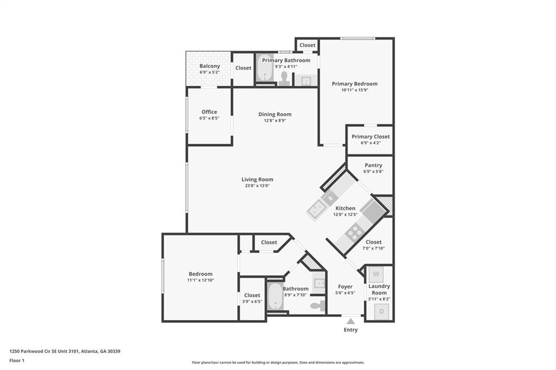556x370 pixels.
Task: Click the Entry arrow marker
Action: pos(351,322)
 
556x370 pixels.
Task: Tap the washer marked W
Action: pos(376,274)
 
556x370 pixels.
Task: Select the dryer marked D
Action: pos(382,311)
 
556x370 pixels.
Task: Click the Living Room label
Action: pos(257,180)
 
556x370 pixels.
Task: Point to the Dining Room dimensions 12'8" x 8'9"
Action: pos(275,120)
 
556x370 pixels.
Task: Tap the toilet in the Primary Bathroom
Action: pos(284,78)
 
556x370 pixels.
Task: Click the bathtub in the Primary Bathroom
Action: pos(264,68)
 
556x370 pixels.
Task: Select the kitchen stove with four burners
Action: pos(355,233)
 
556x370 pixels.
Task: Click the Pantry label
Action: pos(374,165)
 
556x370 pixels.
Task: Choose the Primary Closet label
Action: pos(370,137)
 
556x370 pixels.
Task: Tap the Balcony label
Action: pos(210,66)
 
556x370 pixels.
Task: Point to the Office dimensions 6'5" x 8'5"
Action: pos(209,118)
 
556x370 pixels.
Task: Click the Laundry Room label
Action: pos(379,289)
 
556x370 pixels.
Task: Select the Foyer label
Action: pos(345,286)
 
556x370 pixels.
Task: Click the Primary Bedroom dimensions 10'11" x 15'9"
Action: pos(355,90)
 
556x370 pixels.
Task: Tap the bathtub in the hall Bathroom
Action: pos(275,296)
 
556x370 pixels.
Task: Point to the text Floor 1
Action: pos(17,360)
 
